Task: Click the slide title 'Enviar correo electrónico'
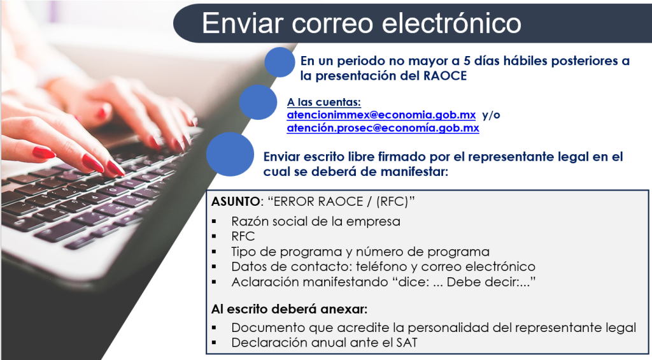pos(362,23)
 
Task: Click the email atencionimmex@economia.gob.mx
pos(381,115)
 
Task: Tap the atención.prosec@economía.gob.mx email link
pos(383,128)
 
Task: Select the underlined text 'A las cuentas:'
pos(324,102)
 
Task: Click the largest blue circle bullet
pos(230,154)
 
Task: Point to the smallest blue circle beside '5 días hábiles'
pos(280,62)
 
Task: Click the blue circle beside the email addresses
pos(258,103)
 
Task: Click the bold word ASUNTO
pos(236,201)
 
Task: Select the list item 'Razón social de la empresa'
pos(316,221)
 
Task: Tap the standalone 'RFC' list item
pos(243,236)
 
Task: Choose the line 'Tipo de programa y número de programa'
pos(360,252)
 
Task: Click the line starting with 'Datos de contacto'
pos(383,266)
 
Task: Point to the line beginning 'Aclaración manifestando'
pos(383,282)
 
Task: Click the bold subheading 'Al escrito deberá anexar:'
pos(290,309)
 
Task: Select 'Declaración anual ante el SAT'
pos(324,343)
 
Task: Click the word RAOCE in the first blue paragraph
pos(445,76)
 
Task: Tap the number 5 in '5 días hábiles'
pos(467,61)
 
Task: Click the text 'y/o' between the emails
pos(491,115)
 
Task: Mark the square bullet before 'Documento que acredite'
pos(214,328)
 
